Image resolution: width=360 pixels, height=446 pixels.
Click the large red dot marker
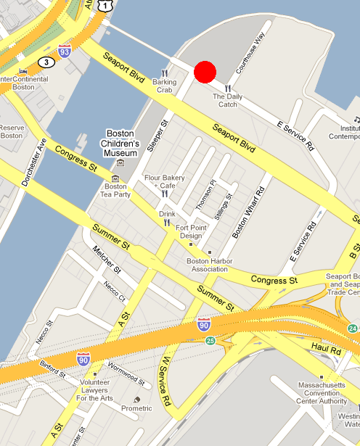pyautogui.click(x=205, y=72)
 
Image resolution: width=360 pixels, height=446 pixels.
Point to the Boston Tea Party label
pyautogui.click(x=115, y=189)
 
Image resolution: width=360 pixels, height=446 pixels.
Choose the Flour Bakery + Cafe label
pyautogui.click(x=165, y=181)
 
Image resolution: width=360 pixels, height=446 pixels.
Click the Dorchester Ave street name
pyautogui.click(x=34, y=161)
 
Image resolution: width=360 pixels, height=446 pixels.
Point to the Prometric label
pyautogui.click(x=136, y=408)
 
